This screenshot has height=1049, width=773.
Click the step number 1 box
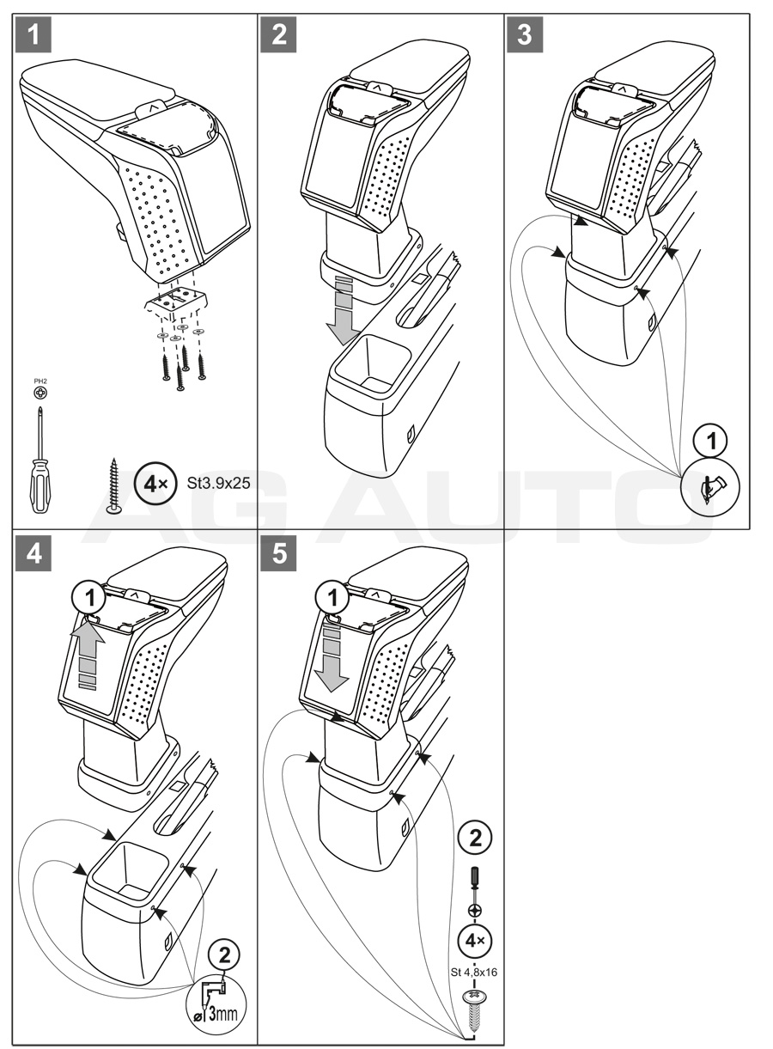click(x=33, y=36)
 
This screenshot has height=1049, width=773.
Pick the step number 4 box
click(x=33, y=553)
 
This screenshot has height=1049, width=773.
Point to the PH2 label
click(x=40, y=383)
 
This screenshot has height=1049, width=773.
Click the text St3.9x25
click(x=218, y=483)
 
